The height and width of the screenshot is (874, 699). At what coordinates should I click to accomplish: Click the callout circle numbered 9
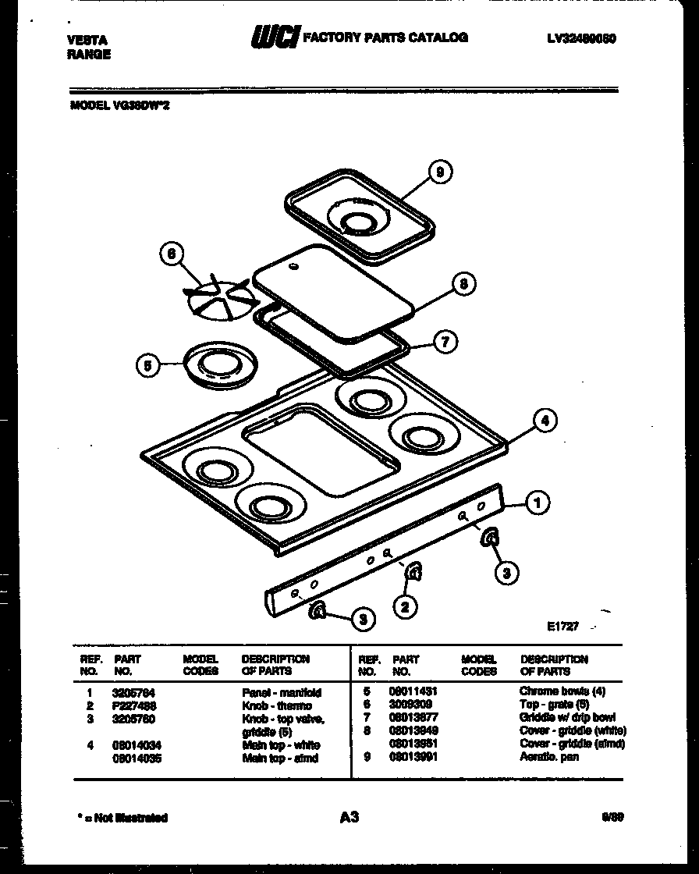(441, 172)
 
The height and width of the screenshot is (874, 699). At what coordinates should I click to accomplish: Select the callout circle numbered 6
(172, 254)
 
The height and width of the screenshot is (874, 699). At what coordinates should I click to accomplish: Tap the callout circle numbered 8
(463, 285)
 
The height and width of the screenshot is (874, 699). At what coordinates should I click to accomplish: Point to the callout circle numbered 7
(445, 342)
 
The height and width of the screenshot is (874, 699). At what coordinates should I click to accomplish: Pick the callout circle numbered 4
(545, 421)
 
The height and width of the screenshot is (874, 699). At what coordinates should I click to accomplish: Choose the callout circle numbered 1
(537, 503)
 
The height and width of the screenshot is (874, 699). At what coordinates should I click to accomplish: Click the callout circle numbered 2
(404, 605)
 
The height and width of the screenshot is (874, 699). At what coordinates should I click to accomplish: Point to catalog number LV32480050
(582, 38)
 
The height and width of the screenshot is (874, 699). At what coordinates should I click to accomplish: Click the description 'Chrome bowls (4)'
(562, 691)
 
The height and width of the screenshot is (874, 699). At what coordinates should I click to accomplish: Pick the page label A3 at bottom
(349, 817)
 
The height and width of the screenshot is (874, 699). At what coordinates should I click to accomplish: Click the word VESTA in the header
(87, 40)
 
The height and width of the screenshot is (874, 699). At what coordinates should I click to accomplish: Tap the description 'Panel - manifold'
(282, 692)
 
